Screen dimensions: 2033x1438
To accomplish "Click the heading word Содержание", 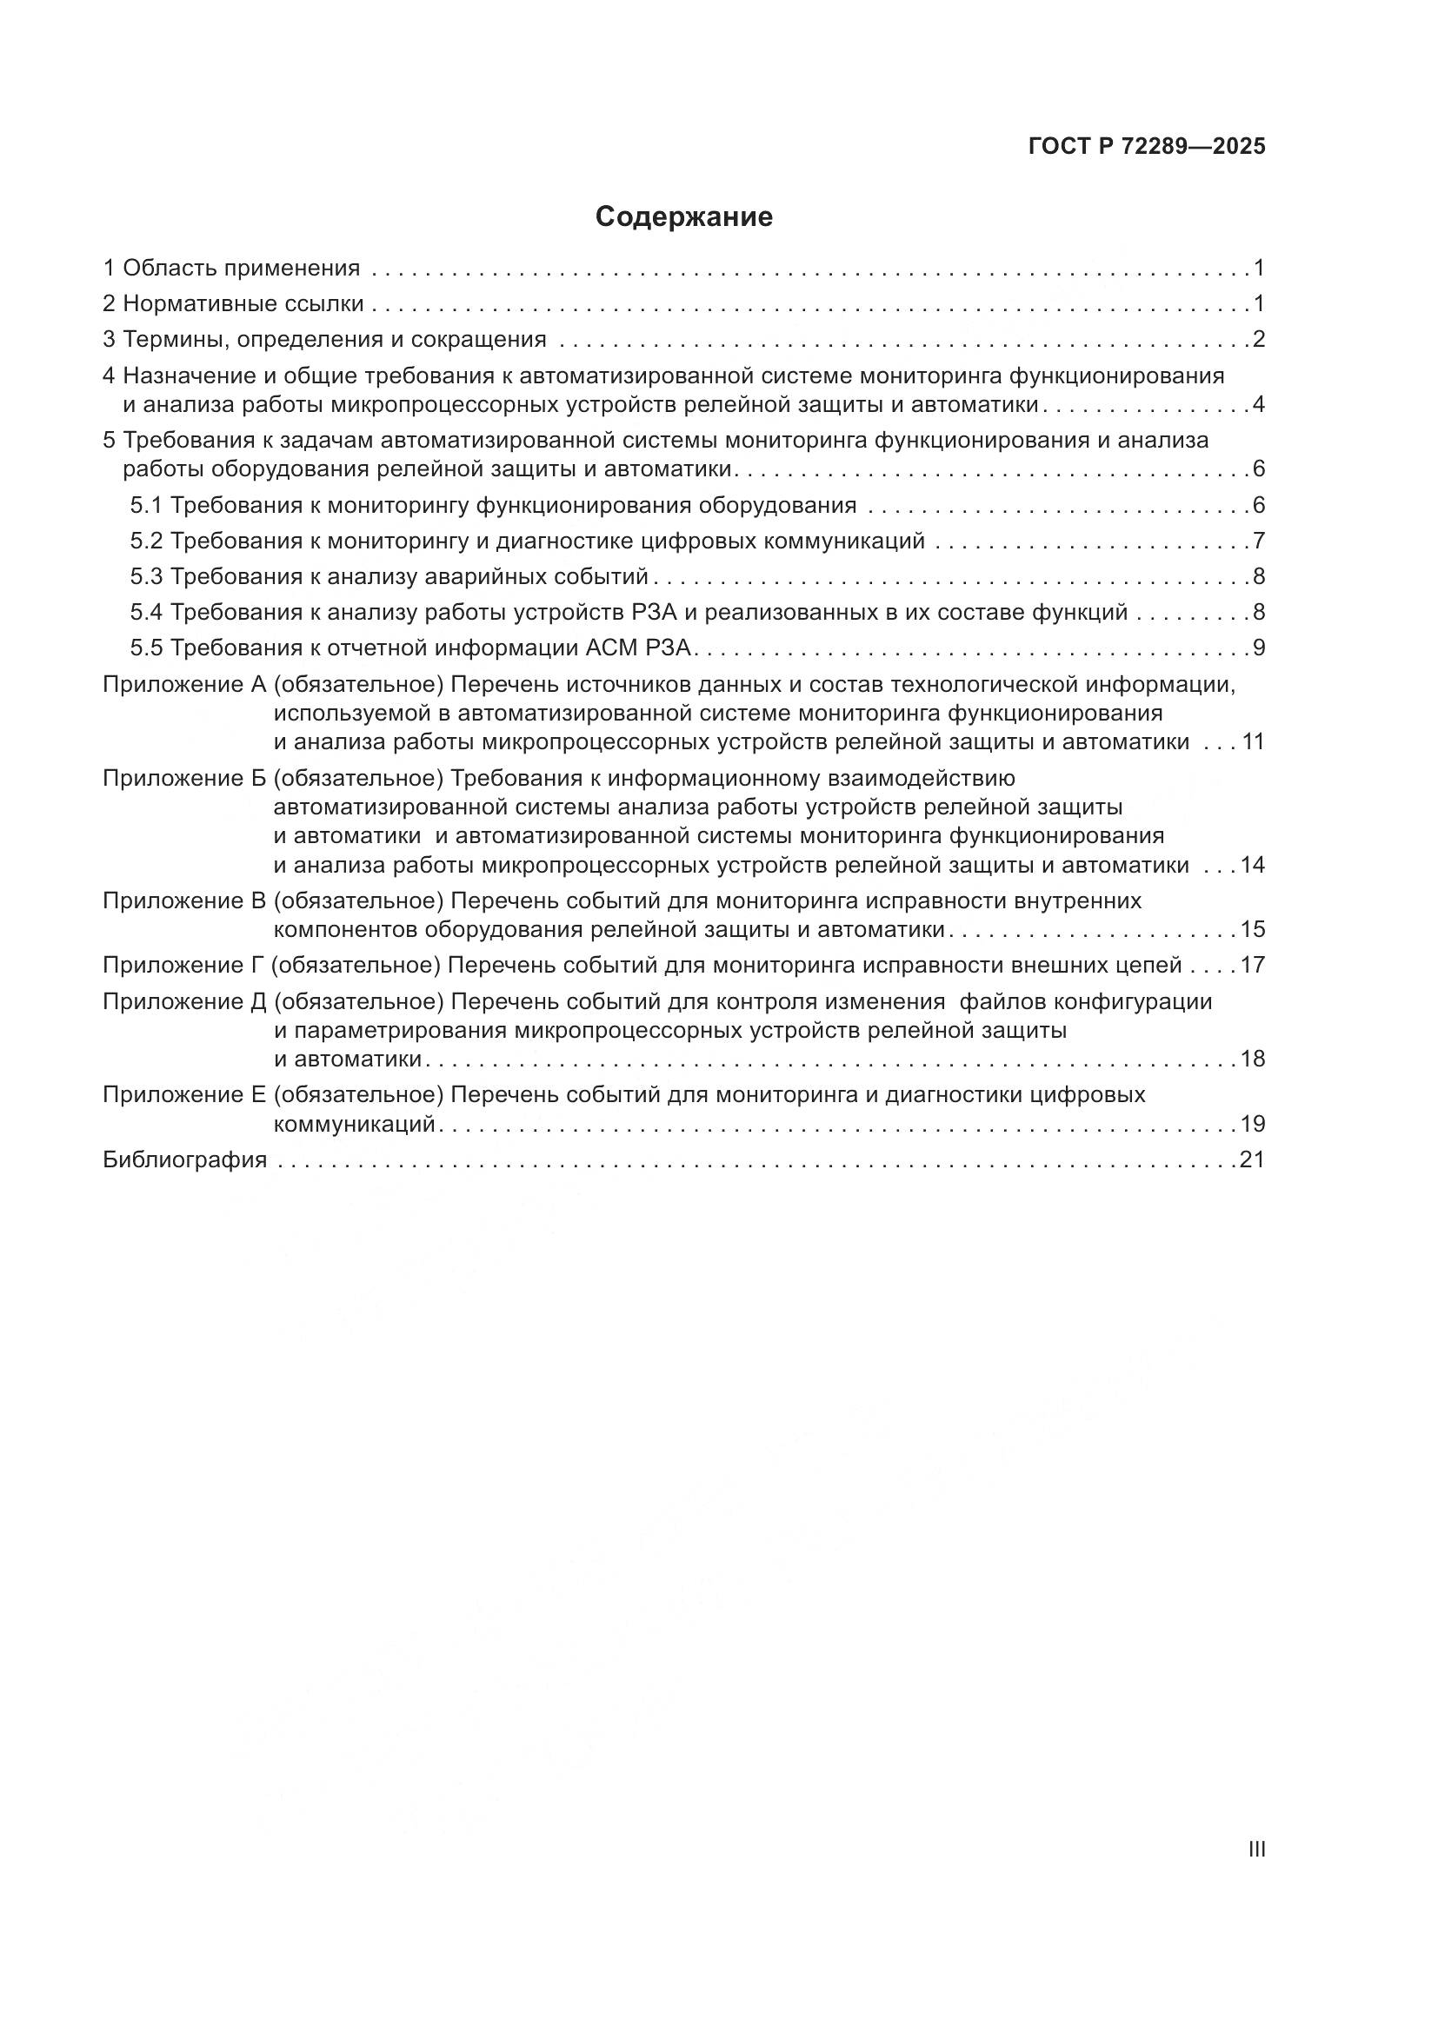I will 683,217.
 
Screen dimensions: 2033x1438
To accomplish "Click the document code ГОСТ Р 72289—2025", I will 1147,147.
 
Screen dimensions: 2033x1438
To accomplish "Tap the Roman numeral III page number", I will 1255,1849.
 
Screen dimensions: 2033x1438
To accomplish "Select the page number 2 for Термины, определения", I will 1258,340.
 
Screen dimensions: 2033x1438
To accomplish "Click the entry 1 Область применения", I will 231,269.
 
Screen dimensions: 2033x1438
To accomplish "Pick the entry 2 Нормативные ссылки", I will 233,303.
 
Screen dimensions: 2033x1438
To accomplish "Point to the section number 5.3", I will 146,577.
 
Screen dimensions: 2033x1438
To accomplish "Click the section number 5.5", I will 146,648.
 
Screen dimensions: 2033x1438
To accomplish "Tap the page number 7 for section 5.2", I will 1258,541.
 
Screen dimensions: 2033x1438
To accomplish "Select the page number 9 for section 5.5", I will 1258,648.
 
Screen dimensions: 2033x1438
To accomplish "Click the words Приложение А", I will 184,684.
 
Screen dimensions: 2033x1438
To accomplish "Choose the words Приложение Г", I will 183,965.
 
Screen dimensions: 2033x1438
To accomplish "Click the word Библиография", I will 185,1160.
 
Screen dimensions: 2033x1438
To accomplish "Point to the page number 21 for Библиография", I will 1252,1160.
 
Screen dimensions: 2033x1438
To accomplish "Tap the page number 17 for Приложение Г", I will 1252,965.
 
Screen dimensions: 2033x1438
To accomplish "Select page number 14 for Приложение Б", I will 1252,865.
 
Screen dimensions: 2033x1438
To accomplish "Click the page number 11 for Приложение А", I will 1252,742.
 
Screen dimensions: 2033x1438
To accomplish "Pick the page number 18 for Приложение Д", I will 1252,1059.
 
